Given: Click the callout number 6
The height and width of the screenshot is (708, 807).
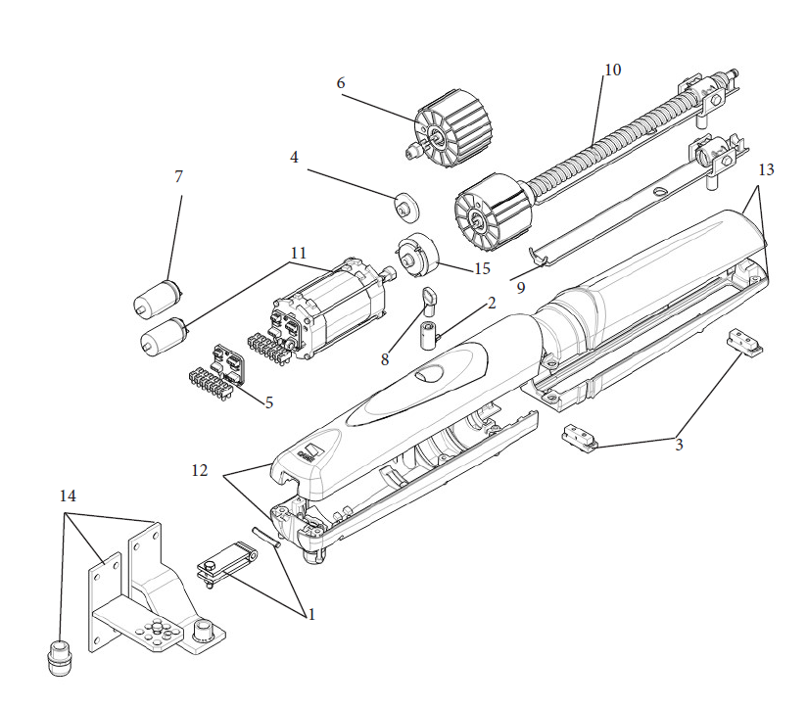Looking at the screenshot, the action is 341,83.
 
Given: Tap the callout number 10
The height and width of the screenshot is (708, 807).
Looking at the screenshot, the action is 612,70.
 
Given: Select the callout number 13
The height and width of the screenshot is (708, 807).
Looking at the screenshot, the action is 766,169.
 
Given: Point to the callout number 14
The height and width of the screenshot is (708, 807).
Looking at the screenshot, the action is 68,496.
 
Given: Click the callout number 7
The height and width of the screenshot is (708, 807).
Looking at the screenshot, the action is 178,176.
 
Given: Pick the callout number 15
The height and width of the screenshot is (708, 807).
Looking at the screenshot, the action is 482,268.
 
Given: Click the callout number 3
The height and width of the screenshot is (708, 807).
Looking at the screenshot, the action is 679,445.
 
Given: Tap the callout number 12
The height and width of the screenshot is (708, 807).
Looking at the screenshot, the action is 200,470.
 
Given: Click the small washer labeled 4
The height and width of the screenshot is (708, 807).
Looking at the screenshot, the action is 406,207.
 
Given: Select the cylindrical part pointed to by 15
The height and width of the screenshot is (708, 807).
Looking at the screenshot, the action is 417,255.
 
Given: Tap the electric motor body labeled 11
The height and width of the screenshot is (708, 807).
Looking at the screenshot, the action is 329,312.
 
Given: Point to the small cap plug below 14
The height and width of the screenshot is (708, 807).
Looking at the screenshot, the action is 60,657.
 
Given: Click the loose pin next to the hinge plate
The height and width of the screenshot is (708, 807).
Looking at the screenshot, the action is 265,538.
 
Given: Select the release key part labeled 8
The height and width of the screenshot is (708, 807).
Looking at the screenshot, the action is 428,300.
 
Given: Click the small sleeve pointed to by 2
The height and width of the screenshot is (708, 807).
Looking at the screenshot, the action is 428,336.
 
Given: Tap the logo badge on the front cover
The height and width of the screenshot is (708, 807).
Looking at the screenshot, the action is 309,450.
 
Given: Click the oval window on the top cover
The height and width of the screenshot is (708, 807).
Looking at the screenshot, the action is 428,372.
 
